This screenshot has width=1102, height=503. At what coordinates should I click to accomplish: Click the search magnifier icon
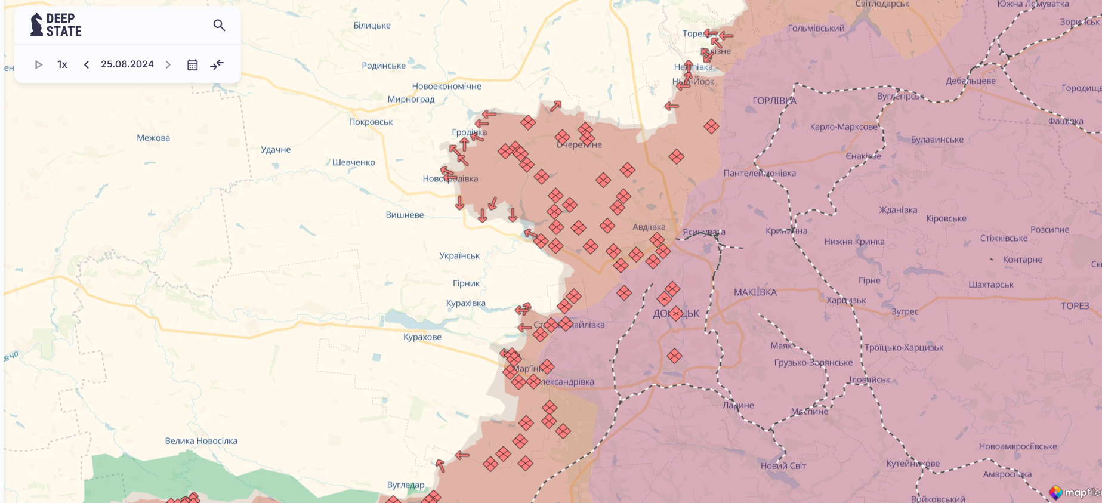(x=219, y=25)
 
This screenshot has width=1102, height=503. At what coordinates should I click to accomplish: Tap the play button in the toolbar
(x=39, y=64)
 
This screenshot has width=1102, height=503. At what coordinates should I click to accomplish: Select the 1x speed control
(x=62, y=64)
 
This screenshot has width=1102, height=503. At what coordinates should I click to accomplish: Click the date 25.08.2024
(x=127, y=64)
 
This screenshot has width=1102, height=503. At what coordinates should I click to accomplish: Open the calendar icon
(x=192, y=64)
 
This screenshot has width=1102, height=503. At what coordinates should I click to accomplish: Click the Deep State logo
(x=56, y=25)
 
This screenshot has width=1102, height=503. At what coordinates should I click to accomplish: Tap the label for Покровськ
(x=371, y=122)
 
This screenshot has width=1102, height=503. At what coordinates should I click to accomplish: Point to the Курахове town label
(x=422, y=337)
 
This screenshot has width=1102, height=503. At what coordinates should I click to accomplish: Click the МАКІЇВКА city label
(x=755, y=292)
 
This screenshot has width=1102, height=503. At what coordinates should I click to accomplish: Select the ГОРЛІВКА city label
(x=774, y=101)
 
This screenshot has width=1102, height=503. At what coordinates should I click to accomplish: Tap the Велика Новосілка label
(x=201, y=441)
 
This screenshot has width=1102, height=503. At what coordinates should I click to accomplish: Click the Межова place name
(x=153, y=138)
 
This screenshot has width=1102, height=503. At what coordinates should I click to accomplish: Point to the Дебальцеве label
(x=970, y=81)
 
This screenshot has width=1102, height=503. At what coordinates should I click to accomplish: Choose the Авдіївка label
(x=649, y=227)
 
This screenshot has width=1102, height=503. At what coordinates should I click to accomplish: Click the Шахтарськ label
(x=990, y=285)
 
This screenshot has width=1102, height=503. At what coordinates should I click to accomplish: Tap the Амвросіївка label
(x=1007, y=474)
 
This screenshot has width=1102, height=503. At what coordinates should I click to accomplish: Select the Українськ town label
(x=459, y=255)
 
